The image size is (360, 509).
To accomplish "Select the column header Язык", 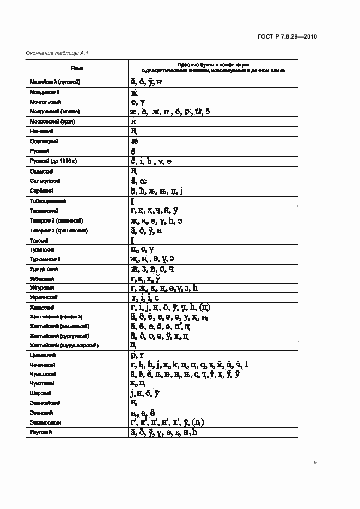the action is pos(77,68).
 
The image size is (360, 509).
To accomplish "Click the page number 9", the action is pos(315,463).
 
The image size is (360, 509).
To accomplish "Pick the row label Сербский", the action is pos(41,191).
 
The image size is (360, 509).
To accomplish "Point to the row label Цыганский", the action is pos(44,355).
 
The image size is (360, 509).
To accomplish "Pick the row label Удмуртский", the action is pos(44,269).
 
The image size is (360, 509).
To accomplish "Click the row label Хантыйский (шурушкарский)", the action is pos(60,346).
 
